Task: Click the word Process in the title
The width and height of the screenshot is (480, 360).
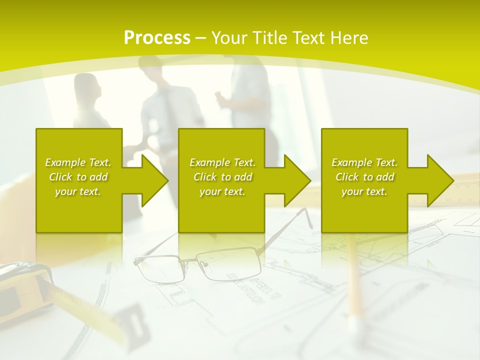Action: tap(157, 38)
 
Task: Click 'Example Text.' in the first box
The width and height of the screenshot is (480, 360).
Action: tap(78, 162)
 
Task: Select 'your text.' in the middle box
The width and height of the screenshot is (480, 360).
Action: tap(222, 191)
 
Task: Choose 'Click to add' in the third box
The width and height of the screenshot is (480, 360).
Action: tap(364, 177)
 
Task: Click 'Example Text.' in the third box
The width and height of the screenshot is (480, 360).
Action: tap(364, 162)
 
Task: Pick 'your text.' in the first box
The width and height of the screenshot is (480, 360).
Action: tap(78, 191)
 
